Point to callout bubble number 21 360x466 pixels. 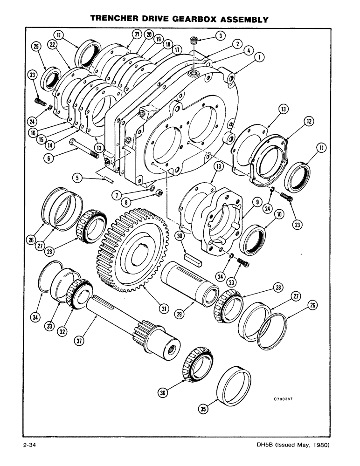[136, 34]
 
